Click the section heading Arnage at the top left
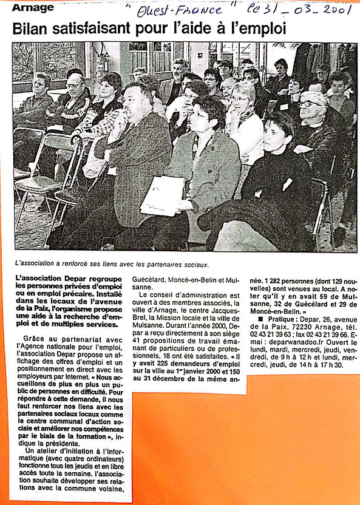pyautogui.click(x=33, y=8)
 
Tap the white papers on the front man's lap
pyautogui.click(x=163, y=196)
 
